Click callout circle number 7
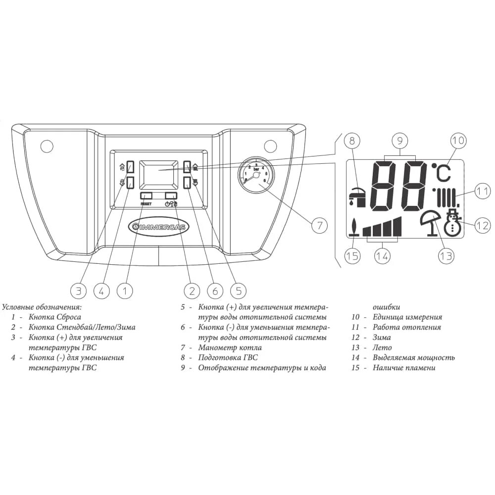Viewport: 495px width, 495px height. click(319, 226)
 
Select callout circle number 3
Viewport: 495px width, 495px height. click(78, 291)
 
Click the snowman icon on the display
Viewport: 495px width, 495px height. click(451, 223)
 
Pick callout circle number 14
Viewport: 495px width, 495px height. click(382, 256)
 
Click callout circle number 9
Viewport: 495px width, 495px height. click(400, 140)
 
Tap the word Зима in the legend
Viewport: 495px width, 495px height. click(382, 337)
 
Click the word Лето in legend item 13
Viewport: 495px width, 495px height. click(382, 347)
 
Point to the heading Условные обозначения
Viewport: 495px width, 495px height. click(42, 307)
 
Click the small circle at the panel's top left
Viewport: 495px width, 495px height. click(47, 146)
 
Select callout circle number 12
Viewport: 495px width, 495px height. click(482, 226)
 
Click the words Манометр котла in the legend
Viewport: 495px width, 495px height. click(230, 347)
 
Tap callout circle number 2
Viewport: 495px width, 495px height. click(191, 291)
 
